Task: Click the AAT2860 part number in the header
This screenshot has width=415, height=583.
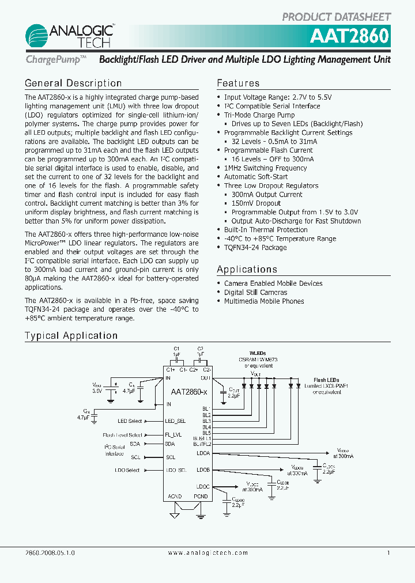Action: point(350,36)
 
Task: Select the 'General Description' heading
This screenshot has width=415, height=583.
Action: point(73,84)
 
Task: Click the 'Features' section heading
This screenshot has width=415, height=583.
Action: point(238,84)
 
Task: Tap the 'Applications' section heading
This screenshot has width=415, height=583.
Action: point(247,270)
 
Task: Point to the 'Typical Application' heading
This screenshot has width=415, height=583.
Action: point(71,336)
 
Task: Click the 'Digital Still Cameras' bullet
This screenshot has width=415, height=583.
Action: point(255,292)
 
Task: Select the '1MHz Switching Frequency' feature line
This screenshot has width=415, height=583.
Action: point(265,168)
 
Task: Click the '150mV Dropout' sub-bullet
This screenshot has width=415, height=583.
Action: point(256,203)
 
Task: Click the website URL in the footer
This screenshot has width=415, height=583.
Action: point(208,552)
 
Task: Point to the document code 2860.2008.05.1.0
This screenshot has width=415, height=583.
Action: point(50,552)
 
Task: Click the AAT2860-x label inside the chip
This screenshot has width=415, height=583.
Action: point(189,392)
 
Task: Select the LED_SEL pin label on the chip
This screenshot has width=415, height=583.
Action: point(176,421)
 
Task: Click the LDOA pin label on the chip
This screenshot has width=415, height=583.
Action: point(203,453)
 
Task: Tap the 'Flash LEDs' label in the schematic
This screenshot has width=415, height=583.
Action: point(326,380)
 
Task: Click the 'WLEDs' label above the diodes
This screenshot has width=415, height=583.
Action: point(258,353)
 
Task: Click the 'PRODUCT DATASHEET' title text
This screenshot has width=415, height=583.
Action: point(337,17)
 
